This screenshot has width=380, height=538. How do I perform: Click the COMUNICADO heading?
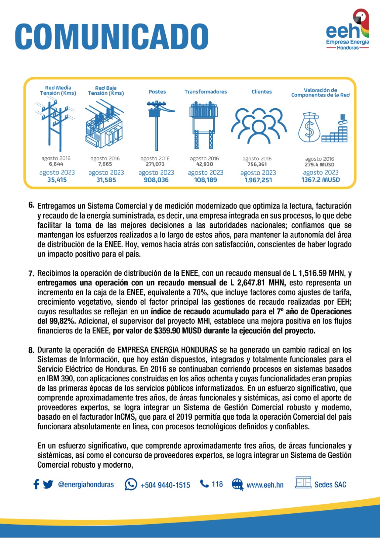pyautogui.click(x=112, y=36)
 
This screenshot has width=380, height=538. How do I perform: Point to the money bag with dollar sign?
pyautogui.click(x=309, y=127)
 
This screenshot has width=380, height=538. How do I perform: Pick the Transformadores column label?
pyautogui.click(x=205, y=91)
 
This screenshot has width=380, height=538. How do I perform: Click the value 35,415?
pyautogui.click(x=57, y=180)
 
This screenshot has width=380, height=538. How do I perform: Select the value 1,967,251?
pyautogui.click(x=258, y=180)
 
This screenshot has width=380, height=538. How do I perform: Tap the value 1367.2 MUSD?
pyautogui.click(x=321, y=180)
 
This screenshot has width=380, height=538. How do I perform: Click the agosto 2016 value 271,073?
pyautogui.click(x=155, y=164)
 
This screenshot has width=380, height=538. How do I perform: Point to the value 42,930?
pyautogui.click(x=205, y=164)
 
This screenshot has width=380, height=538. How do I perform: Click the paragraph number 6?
pyautogui.click(x=31, y=205)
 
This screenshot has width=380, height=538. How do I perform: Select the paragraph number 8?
pyautogui.click(x=31, y=350)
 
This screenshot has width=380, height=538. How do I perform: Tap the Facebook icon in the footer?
pyautogui.click(x=36, y=485)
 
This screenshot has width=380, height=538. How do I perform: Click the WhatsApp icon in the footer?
pyautogui.click(x=131, y=485)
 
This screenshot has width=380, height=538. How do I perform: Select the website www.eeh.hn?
pyautogui.click(x=265, y=485)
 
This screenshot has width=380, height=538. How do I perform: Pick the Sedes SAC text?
pyautogui.click(x=330, y=485)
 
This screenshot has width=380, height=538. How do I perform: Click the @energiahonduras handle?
pyautogui.click(x=86, y=485)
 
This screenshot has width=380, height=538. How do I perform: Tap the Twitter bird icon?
pyautogui.click(x=48, y=485)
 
